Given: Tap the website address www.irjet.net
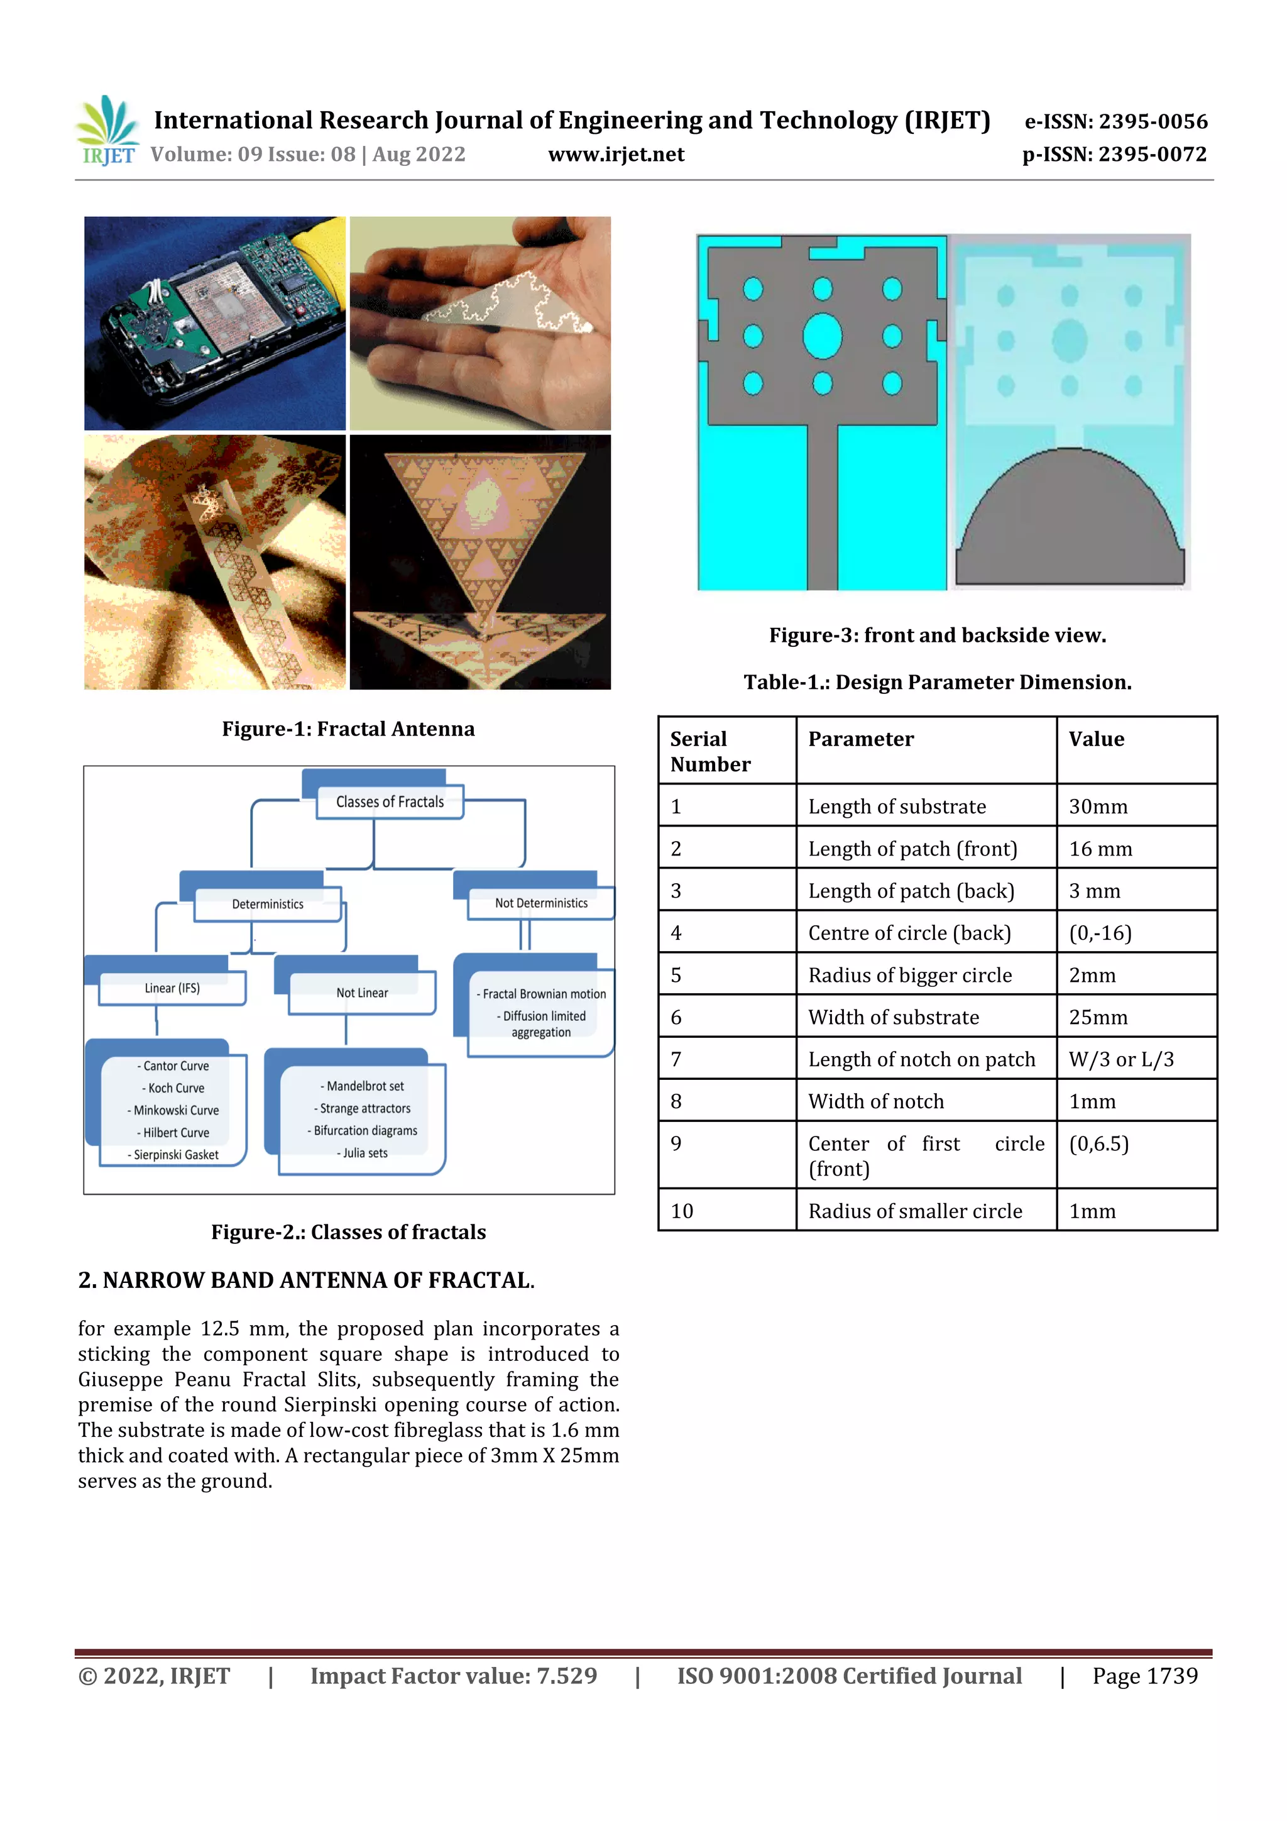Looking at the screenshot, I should pyautogui.click(x=615, y=155).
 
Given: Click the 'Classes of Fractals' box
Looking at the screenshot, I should pyautogui.click(x=390, y=802).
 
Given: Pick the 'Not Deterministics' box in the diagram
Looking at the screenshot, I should pyautogui.click(x=541, y=903).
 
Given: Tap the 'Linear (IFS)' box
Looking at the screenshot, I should pyautogui.click(x=172, y=988).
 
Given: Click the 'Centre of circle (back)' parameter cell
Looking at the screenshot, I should pyautogui.click(x=909, y=933).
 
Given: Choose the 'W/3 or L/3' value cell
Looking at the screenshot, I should pyautogui.click(x=1120, y=1060).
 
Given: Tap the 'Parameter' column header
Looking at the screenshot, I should pyautogui.click(x=860, y=739).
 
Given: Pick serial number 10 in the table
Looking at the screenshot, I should pyautogui.click(x=682, y=1211).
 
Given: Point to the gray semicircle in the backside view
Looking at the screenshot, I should pyautogui.click(x=1069, y=524).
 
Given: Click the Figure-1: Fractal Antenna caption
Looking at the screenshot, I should pyautogui.click(x=348, y=729).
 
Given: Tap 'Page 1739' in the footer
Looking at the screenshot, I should pyautogui.click(x=1144, y=1676).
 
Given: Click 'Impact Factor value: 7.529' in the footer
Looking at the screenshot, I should pyautogui.click(x=453, y=1676).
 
